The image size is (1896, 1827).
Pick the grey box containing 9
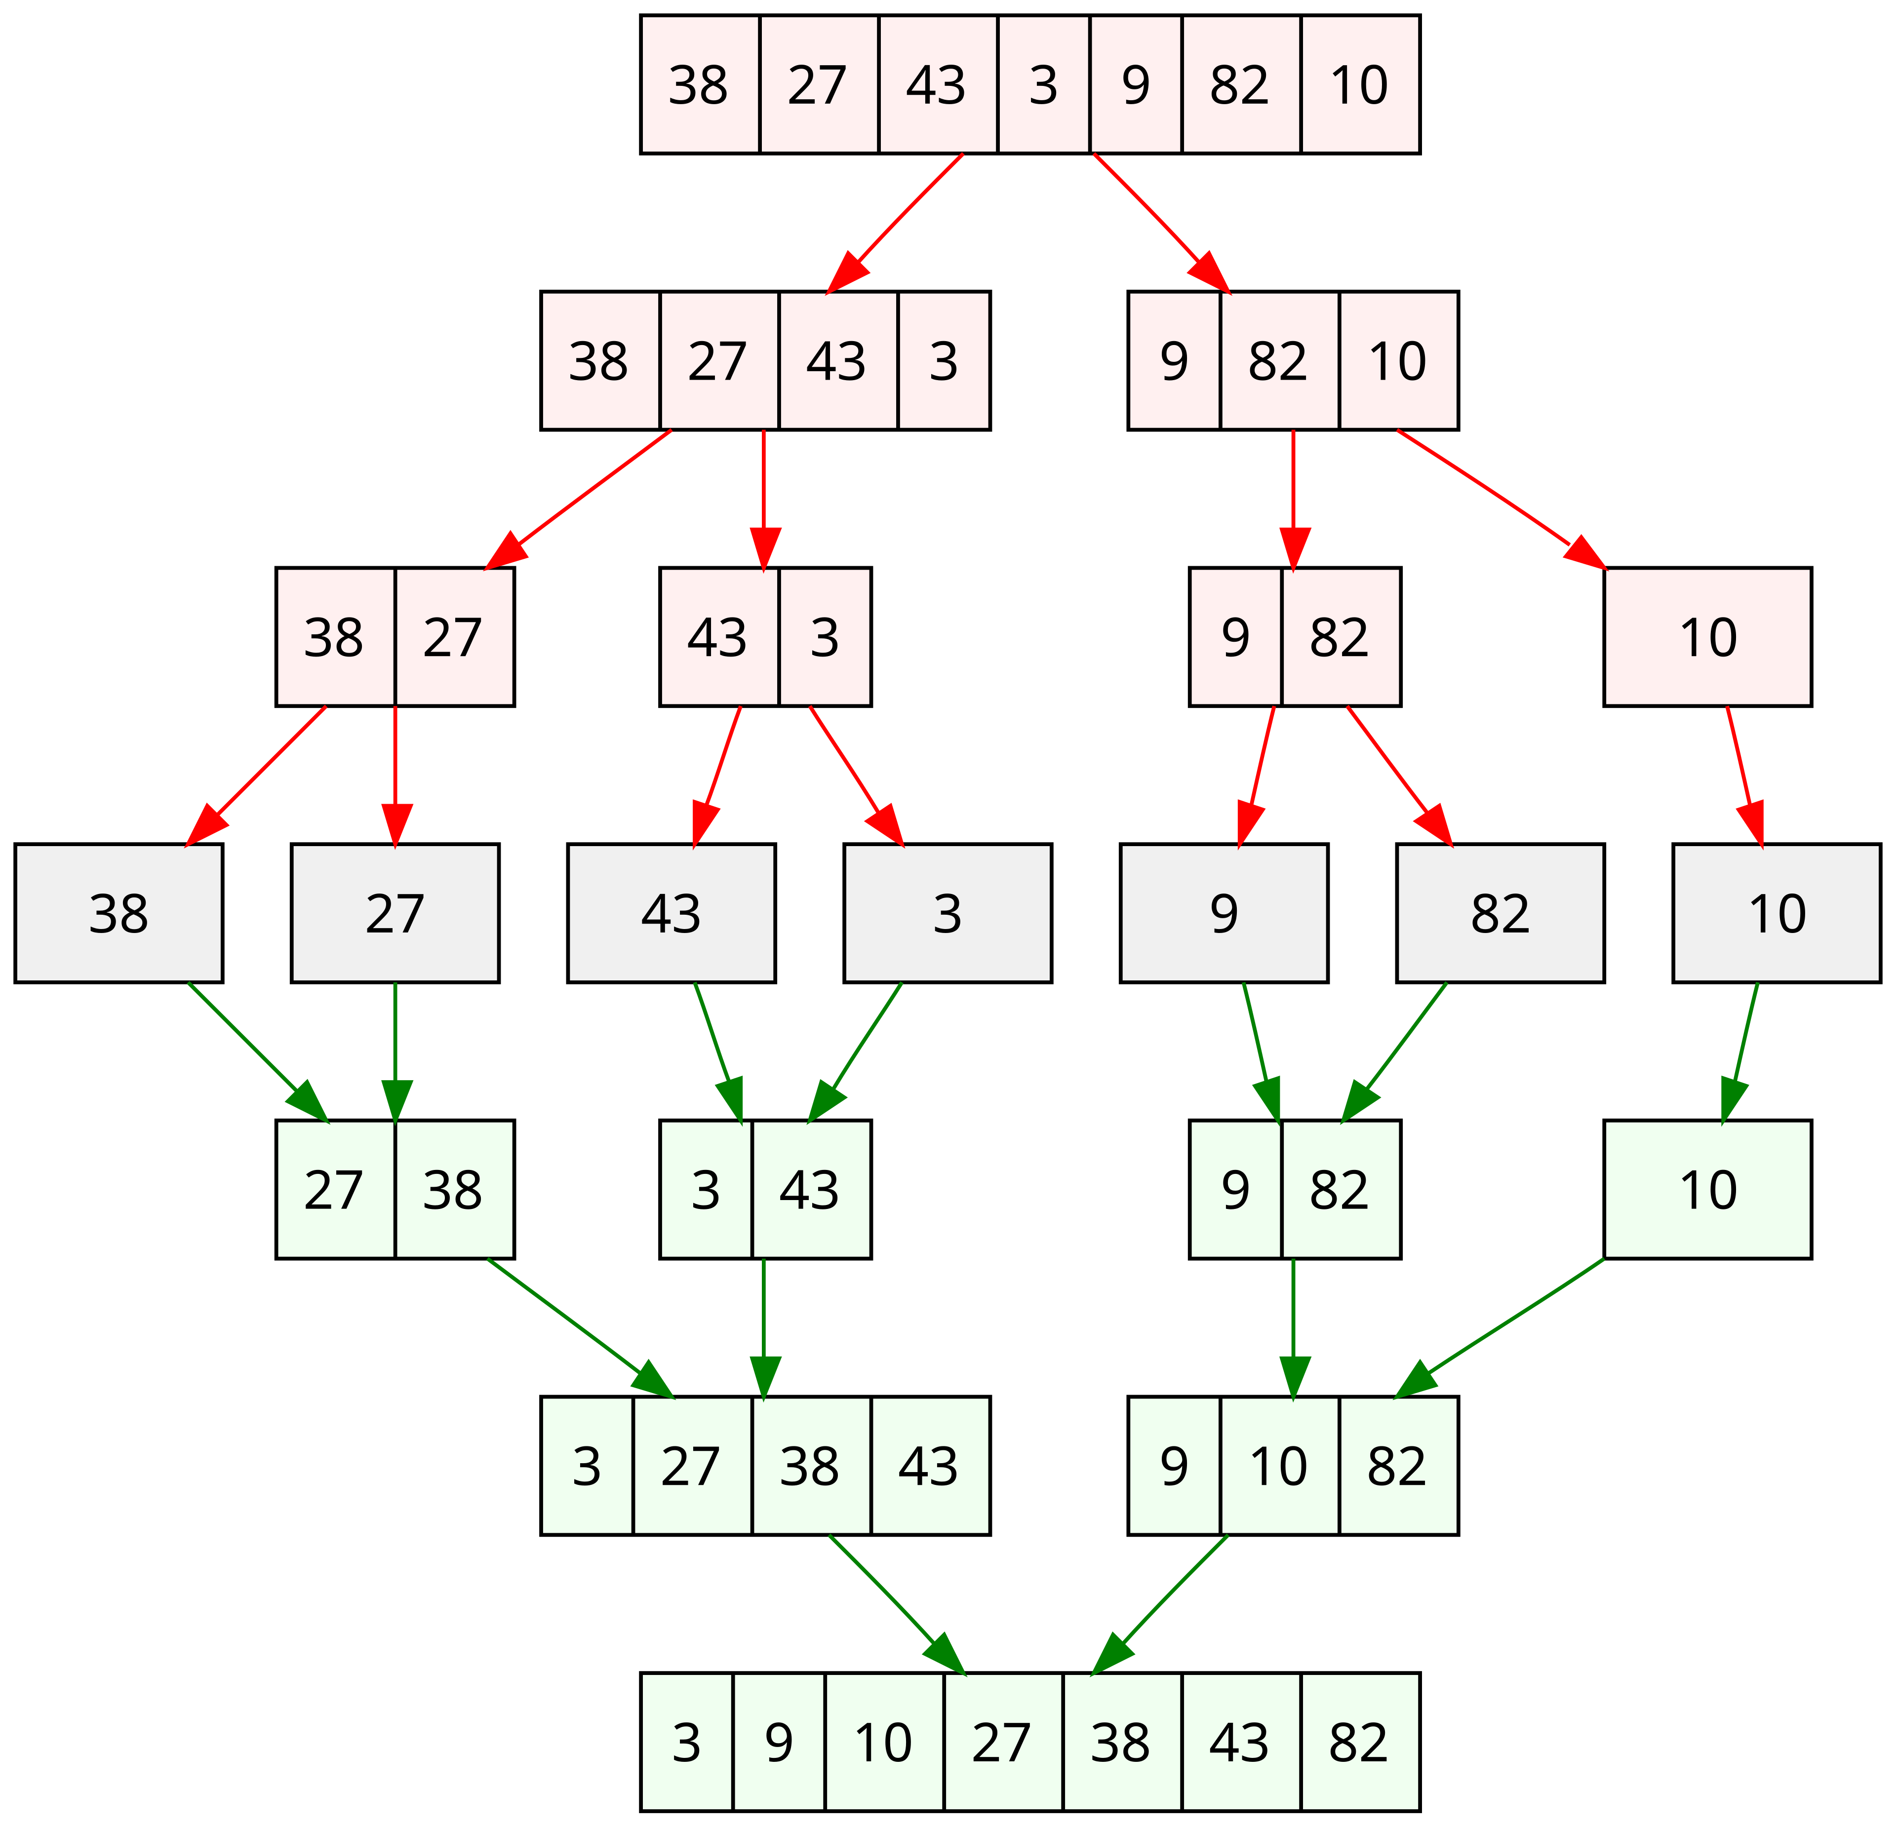pyautogui.click(x=1224, y=913)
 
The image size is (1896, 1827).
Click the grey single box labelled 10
pyautogui.click(x=1776, y=913)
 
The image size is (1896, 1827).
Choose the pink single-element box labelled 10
pyautogui.click(x=1707, y=636)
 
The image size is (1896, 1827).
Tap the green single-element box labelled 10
pyautogui.click(x=1707, y=1190)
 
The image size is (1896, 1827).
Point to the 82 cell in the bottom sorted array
pyautogui.click(x=1359, y=1742)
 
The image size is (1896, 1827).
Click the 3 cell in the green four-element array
pyautogui.click(x=587, y=1465)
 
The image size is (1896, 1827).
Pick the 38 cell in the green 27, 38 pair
pyautogui.click(x=454, y=1190)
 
